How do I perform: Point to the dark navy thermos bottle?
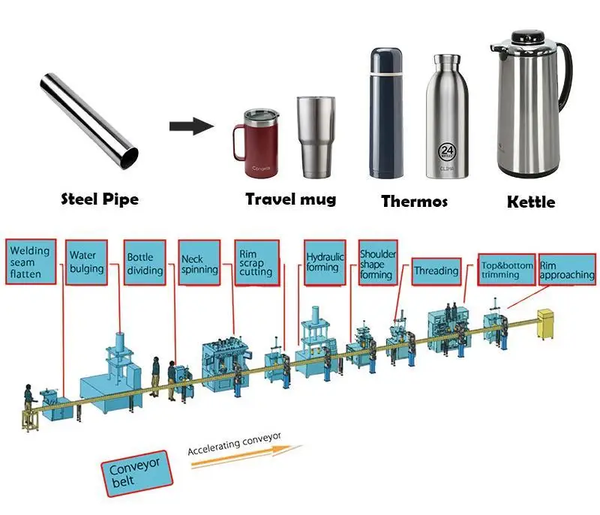coord(386,112)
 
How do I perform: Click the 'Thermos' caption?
coord(414,201)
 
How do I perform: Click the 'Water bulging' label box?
coord(87,262)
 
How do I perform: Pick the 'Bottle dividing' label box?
coord(145,263)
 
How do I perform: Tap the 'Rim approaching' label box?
coord(567,269)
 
